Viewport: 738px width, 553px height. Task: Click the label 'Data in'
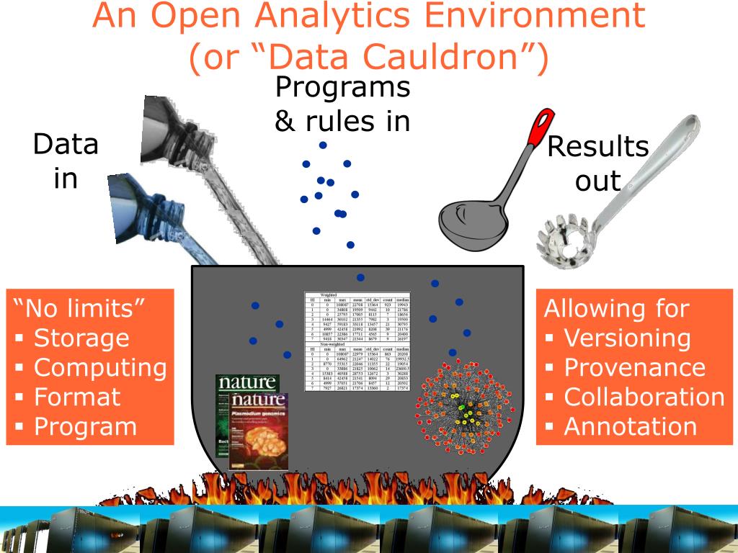66,161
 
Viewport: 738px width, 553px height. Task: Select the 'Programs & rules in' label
342,104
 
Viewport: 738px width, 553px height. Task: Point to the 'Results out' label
597,163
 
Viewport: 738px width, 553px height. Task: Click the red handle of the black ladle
536,133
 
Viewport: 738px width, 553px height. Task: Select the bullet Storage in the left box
81,338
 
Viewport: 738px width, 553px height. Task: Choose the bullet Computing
100,367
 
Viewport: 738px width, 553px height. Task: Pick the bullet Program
85,426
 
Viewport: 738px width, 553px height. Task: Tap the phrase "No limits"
80,309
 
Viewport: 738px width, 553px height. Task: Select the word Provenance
624,367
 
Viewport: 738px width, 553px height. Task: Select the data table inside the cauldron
357,343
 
